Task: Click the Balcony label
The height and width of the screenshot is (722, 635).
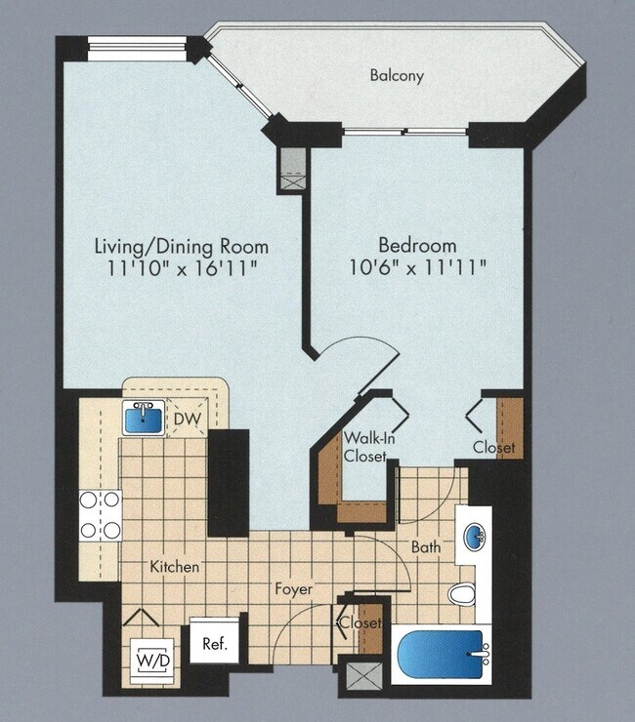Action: [397, 75]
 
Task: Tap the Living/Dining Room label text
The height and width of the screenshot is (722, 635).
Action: [181, 246]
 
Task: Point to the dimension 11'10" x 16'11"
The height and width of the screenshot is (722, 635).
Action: [181, 267]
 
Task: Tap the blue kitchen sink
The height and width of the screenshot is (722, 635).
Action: [143, 420]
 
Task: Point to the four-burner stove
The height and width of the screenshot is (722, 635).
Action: [100, 514]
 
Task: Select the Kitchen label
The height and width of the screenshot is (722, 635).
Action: [175, 566]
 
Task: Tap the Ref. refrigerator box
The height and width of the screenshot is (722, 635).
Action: [214, 644]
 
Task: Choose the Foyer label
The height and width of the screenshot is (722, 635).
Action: [292, 589]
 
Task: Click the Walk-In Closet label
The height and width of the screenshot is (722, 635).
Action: [368, 447]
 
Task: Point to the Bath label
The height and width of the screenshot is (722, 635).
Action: [425, 547]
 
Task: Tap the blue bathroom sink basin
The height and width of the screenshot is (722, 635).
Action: [476, 538]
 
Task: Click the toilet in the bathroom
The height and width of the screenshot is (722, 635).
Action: [462, 592]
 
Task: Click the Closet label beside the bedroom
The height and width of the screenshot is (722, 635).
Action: [493, 447]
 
